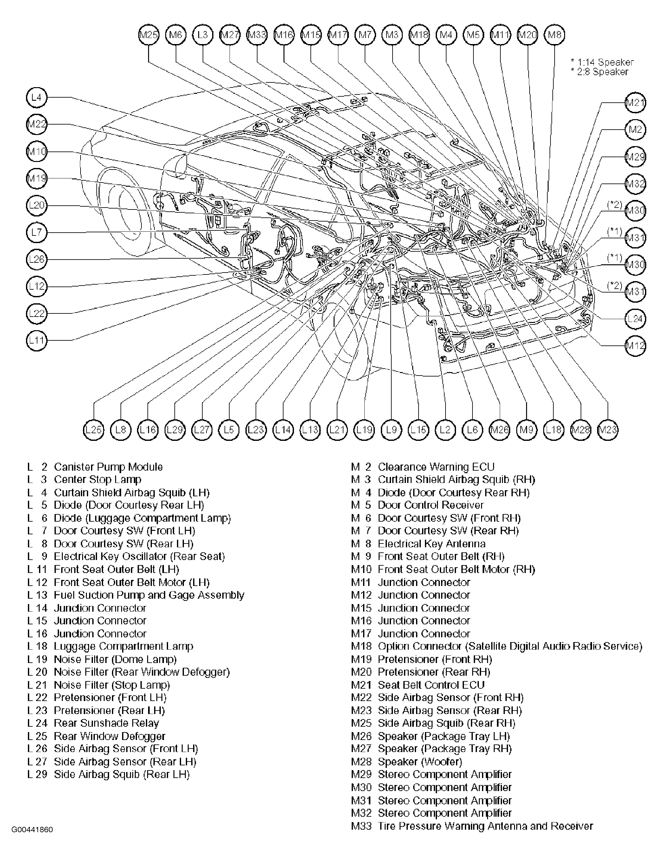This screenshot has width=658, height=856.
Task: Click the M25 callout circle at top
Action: [x=149, y=35]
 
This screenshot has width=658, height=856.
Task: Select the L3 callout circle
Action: [x=203, y=35]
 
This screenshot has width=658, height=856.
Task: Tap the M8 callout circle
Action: [x=555, y=35]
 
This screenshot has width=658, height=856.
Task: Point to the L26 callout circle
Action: [x=36, y=259]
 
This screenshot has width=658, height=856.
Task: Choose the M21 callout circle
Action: [x=635, y=103]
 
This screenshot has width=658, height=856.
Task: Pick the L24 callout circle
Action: [x=635, y=319]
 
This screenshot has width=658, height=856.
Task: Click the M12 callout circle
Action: [x=635, y=346]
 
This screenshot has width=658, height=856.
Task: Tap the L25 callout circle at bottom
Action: [x=94, y=430]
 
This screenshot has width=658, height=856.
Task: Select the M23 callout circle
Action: [x=608, y=430]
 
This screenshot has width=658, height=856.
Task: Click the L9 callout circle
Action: [x=391, y=430]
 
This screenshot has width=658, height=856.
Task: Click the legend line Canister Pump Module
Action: [x=108, y=467]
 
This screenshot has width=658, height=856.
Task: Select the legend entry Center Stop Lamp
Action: [x=97, y=479]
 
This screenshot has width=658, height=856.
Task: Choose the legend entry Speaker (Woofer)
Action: [x=420, y=761]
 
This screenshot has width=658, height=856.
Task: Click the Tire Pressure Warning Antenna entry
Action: [x=485, y=826]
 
